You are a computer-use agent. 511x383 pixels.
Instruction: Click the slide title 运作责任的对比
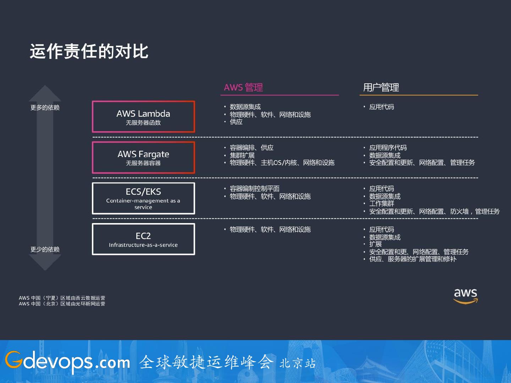coord(89,51)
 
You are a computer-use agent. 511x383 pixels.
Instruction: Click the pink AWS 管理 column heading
coord(243,87)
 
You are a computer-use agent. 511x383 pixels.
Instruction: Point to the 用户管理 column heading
coord(381,87)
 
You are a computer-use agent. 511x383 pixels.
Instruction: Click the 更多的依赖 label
coord(45,107)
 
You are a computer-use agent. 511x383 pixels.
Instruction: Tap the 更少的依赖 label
coord(45,249)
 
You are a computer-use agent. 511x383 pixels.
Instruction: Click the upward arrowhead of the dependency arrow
coord(45,93)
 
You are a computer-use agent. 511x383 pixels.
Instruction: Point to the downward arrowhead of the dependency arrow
coord(45,262)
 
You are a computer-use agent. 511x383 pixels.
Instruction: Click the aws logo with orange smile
coord(466,296)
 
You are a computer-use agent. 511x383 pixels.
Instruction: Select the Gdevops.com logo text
coord(67,362)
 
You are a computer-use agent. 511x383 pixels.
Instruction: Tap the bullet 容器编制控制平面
coord(254,188)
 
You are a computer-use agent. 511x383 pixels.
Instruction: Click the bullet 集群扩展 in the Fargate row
coord(242,155)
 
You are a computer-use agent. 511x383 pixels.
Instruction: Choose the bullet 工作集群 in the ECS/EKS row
coord(381,204)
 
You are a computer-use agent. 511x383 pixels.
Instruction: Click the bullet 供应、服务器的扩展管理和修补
coord(413,259)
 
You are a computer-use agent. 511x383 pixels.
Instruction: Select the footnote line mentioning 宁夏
coord(62,298)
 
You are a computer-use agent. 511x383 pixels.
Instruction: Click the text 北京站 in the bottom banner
coord(297,363)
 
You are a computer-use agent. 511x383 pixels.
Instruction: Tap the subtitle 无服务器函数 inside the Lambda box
coord(143,123)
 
